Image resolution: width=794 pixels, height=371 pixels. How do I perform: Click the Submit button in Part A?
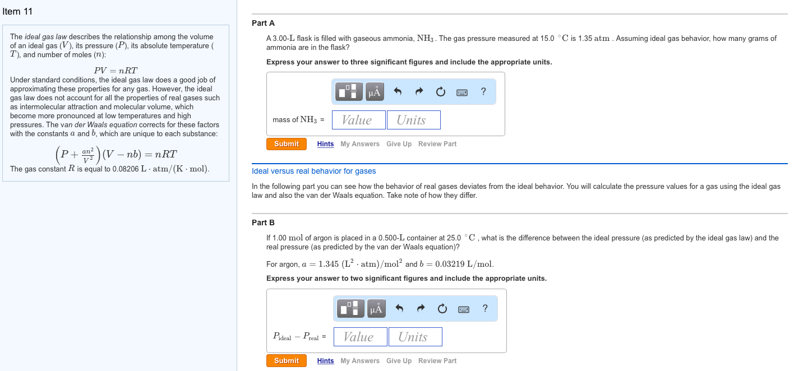(x=287, y=144)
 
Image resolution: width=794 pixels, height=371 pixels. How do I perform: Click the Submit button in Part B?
(x=287, y=361)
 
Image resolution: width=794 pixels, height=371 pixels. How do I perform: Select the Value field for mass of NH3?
(x=358, y=120)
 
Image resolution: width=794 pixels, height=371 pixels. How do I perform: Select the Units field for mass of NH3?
(x=413, y=120)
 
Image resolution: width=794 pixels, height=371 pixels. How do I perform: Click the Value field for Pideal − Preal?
(x=360, y=337)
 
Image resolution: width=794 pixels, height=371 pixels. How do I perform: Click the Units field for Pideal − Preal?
(x=415, y=337)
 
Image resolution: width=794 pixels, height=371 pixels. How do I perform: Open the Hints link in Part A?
(x=325, y=144)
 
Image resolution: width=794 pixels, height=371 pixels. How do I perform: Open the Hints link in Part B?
(x=325, y=361)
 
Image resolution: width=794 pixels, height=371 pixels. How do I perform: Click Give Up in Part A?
(x=399, y=144)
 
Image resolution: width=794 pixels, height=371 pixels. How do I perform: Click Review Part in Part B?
(x=437, y=361)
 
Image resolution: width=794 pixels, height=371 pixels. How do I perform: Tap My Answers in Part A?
(x=360, y=144)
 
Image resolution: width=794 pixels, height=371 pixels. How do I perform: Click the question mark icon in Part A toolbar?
(x=483, y=91)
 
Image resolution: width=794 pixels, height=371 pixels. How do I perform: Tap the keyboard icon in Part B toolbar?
(x=464, y=309)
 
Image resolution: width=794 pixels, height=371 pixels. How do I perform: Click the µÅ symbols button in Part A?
(x=375, y=92)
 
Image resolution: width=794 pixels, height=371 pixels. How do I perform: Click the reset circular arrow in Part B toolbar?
(x=442, y=309)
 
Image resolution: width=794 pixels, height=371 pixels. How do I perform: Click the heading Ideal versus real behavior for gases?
(x=314, y=171)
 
